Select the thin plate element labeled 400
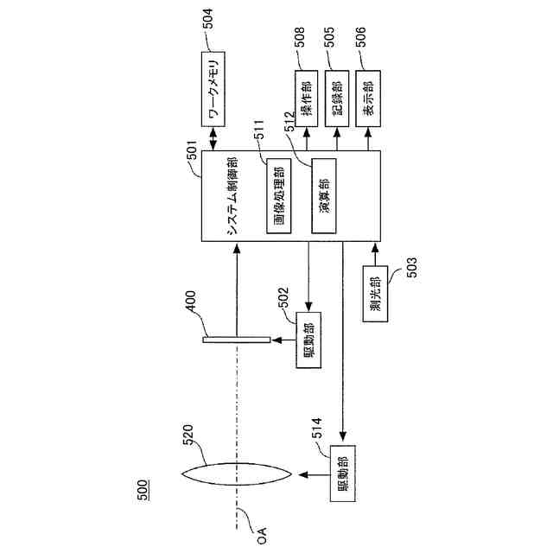click(x=236, y=340)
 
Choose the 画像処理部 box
click(x=278, y=197)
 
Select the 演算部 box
click(x=323, y=196)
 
